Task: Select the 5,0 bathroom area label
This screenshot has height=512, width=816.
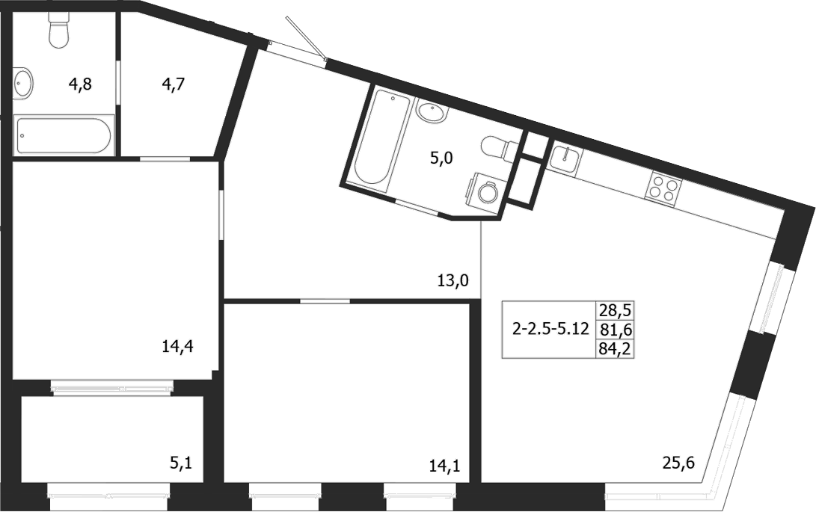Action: point(442,158)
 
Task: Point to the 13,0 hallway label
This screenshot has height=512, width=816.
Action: point(453,281)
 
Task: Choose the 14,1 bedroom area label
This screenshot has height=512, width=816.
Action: point(444,467)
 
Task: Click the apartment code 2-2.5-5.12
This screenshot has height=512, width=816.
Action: point(550,330)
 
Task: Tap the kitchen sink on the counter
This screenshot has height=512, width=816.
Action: point(565,159)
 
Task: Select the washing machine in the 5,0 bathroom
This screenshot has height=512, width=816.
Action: point(486,193)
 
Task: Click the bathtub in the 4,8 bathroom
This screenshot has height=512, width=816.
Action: point(64,135)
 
